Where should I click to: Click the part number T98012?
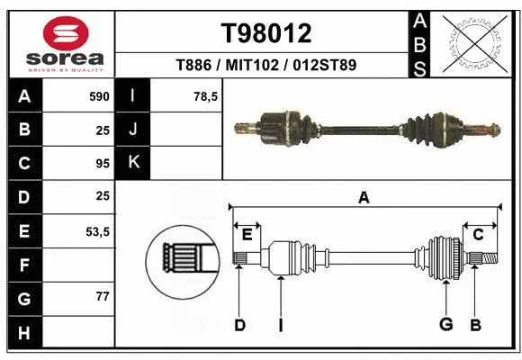[x=266, y=34]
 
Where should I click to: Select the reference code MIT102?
[x=266, y=66]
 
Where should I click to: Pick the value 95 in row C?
[x=102, y=164]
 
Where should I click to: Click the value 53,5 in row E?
[x=97, y=231]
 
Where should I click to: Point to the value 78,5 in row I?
[x=206, y=96]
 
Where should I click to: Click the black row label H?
[x=24, y=333]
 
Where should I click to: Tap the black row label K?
[x=133, y=163]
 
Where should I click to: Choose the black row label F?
[x=24, y=265]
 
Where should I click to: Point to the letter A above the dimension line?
[x=364, y=198]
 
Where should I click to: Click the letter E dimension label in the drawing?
[x=247, y=234]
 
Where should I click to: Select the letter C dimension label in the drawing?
[x=479, y=234]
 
